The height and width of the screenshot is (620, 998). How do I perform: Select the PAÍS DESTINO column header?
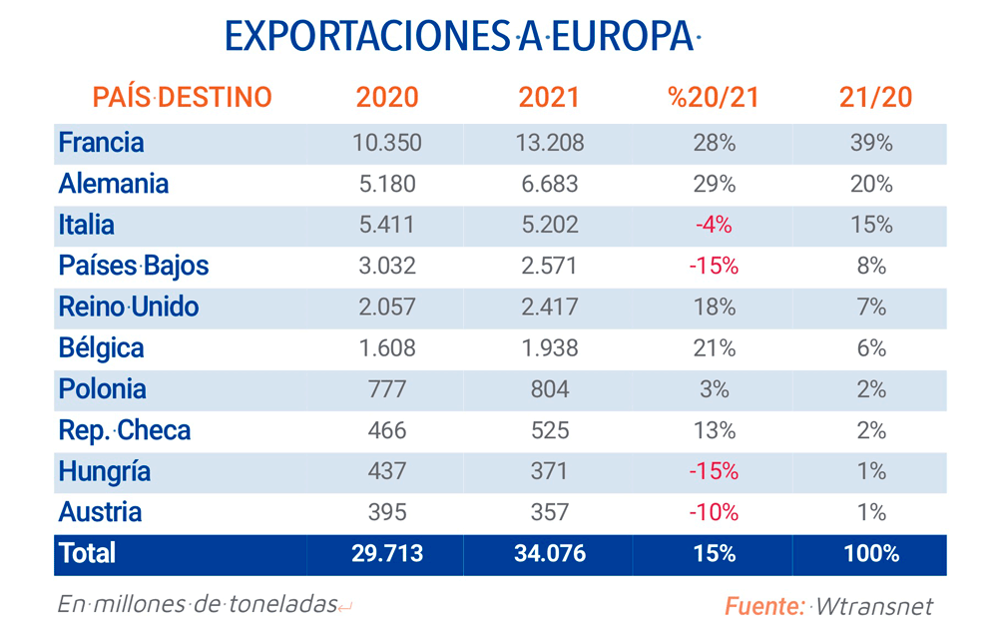point(182,97)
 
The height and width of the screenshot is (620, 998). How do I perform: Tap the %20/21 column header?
point(714,97)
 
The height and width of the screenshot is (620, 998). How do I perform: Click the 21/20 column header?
point(871,97)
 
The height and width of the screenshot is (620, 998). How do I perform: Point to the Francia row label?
point(101,143)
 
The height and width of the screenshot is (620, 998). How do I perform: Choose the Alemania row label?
point(113,184)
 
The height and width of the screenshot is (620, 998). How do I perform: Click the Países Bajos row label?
point(133,267)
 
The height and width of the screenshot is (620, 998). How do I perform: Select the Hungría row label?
point(104,471)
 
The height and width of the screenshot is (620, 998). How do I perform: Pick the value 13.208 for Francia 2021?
point(550,143)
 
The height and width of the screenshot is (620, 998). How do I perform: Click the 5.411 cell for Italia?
point(387,226)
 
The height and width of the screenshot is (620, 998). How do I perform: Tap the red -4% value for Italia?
point(714,226)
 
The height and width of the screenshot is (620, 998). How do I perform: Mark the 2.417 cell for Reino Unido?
point(550,308)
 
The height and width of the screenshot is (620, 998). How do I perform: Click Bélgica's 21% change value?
point(714,348)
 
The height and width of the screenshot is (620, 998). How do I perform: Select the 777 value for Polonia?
point(387,389)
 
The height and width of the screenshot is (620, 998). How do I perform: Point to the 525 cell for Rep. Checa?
point(550,430)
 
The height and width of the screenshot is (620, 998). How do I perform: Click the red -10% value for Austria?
point(714,512)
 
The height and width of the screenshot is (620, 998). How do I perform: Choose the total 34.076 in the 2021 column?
point(550,554)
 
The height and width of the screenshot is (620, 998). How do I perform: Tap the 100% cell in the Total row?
point(871,554)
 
